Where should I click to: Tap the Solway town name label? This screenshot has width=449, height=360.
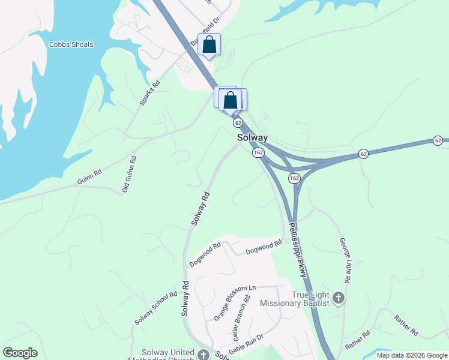point(252,137)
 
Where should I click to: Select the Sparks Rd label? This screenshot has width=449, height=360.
point(149,93)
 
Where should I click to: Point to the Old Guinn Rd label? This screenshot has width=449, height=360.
point(130,174)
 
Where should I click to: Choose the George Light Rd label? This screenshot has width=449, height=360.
point(345,260)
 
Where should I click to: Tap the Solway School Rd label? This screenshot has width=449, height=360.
point(155,308)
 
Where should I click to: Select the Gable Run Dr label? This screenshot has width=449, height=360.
point(246,343)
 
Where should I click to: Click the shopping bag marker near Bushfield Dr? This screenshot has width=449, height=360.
point(209,45)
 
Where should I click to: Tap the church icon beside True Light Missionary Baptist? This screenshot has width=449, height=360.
point(339,298)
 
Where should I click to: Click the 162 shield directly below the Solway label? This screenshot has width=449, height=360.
point(258,152)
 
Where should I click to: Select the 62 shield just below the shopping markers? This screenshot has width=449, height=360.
point(238,123)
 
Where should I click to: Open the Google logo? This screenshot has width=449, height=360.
point(20,353)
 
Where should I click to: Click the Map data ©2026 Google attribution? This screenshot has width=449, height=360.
point(411,355)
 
